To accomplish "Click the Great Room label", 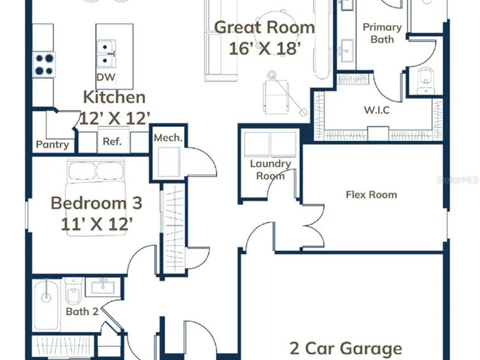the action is pyautogui.click(x=264, y=27).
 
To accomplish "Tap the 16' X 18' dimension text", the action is pyautogui.click(x=265, y=48).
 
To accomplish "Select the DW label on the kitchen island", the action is pyautogui.click(x=106, y=77).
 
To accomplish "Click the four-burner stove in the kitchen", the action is pyautogui.click(x=44, y=65).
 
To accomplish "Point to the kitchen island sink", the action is pyautogui.click(x=106, y=54).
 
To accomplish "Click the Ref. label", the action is pyautogui.click(x=112, y=142).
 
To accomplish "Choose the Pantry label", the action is pyautogui.click(x=52, y=144).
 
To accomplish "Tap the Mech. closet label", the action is pyautogui.click(x=168, y=138).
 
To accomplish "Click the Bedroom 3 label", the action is pyautogui.click(x=96, y=203).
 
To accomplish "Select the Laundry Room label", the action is pyautogui.click(x=270, y=170).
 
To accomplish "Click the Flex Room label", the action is pyautogui.click(x=372, y=195).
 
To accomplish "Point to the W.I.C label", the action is pyautogui.click(x=377, y=110).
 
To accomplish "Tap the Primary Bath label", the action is pyautogui.click(x=382, y=34).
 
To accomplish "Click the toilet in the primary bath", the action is pyautogui.click(x=426, y=81).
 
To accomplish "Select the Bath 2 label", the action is pyautogui.click(x=82, y=312).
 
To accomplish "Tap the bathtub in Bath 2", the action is pyautogui.click(x=46, y=305).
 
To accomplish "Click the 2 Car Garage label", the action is pyautogui.click(x=346, y=348).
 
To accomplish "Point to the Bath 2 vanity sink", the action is pyautogui.click(x=103, y=287).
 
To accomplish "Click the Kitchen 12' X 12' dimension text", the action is pyautogui.click(x=115, y=118).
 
